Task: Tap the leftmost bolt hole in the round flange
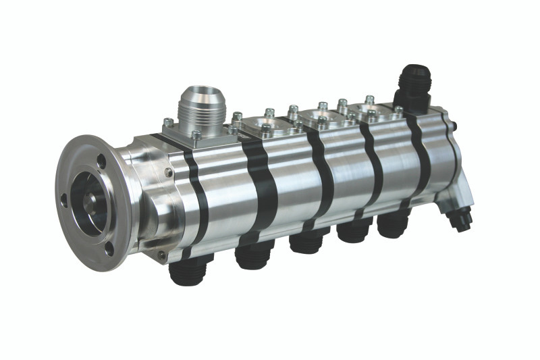click(x=64, y=200)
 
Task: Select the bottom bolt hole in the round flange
click(x=109, y=248)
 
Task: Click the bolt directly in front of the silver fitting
click(x=196, y=135)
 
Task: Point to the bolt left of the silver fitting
click(x=168, y=123)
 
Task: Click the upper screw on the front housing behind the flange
click(x=167, y=174)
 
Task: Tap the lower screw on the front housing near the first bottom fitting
click(x=162, y=255)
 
